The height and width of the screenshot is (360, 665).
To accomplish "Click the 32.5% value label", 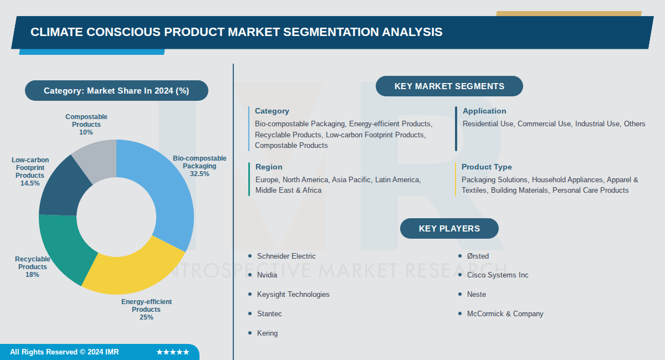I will coord(199,174).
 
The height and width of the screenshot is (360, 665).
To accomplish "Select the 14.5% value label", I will coord(30,183).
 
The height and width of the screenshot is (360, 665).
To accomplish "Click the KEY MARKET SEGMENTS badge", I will coord(449,86).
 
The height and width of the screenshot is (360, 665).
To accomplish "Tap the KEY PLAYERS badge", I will coord(449,228).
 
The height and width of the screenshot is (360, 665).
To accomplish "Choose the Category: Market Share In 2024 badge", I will coord(116,91).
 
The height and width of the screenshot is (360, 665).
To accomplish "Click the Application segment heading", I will coord(484,111).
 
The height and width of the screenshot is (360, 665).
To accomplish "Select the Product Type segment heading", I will coord(487,167).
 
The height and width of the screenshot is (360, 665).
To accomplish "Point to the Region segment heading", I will coord(269,167).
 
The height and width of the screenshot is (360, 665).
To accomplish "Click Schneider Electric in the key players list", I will coord(286,256).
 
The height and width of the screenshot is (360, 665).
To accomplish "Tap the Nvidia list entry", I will coord(267,275).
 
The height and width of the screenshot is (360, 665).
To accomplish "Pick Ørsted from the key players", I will coord(478,256).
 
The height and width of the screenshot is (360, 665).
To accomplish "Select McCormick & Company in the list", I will coord(505,313).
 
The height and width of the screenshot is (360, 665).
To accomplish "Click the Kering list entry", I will coord(267,333).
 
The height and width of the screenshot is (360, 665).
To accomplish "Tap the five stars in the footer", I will coord(172,352).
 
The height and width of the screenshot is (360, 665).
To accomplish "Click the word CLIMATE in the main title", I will coord(56,32).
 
